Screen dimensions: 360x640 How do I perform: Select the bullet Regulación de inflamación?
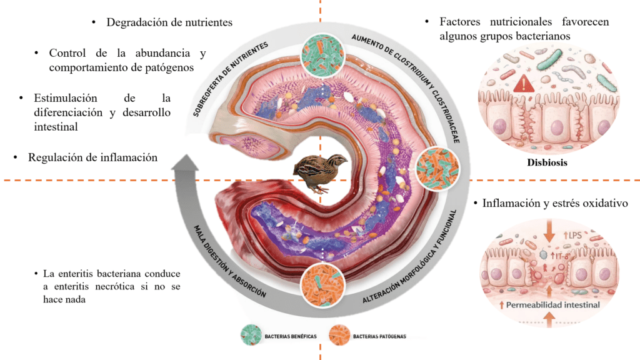(92, 158)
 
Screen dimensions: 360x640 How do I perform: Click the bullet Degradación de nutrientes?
(169, 22)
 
